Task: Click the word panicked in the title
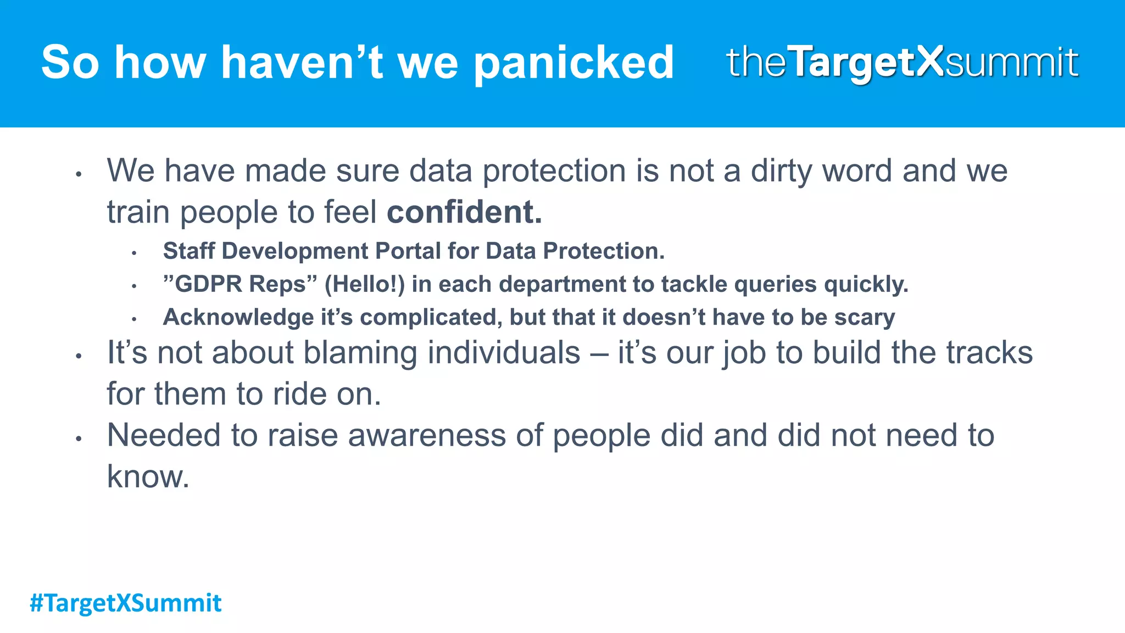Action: (573, 63)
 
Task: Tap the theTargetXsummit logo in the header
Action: (902, 62)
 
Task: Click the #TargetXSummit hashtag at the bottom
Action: (125, 603)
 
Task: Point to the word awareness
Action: (426, 435)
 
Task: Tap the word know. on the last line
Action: (148, 476)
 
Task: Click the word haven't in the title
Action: (302, 63)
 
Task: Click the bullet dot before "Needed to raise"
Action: (79, 438)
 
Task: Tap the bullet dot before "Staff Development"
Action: (133, 253)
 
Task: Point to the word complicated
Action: (431, 318)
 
